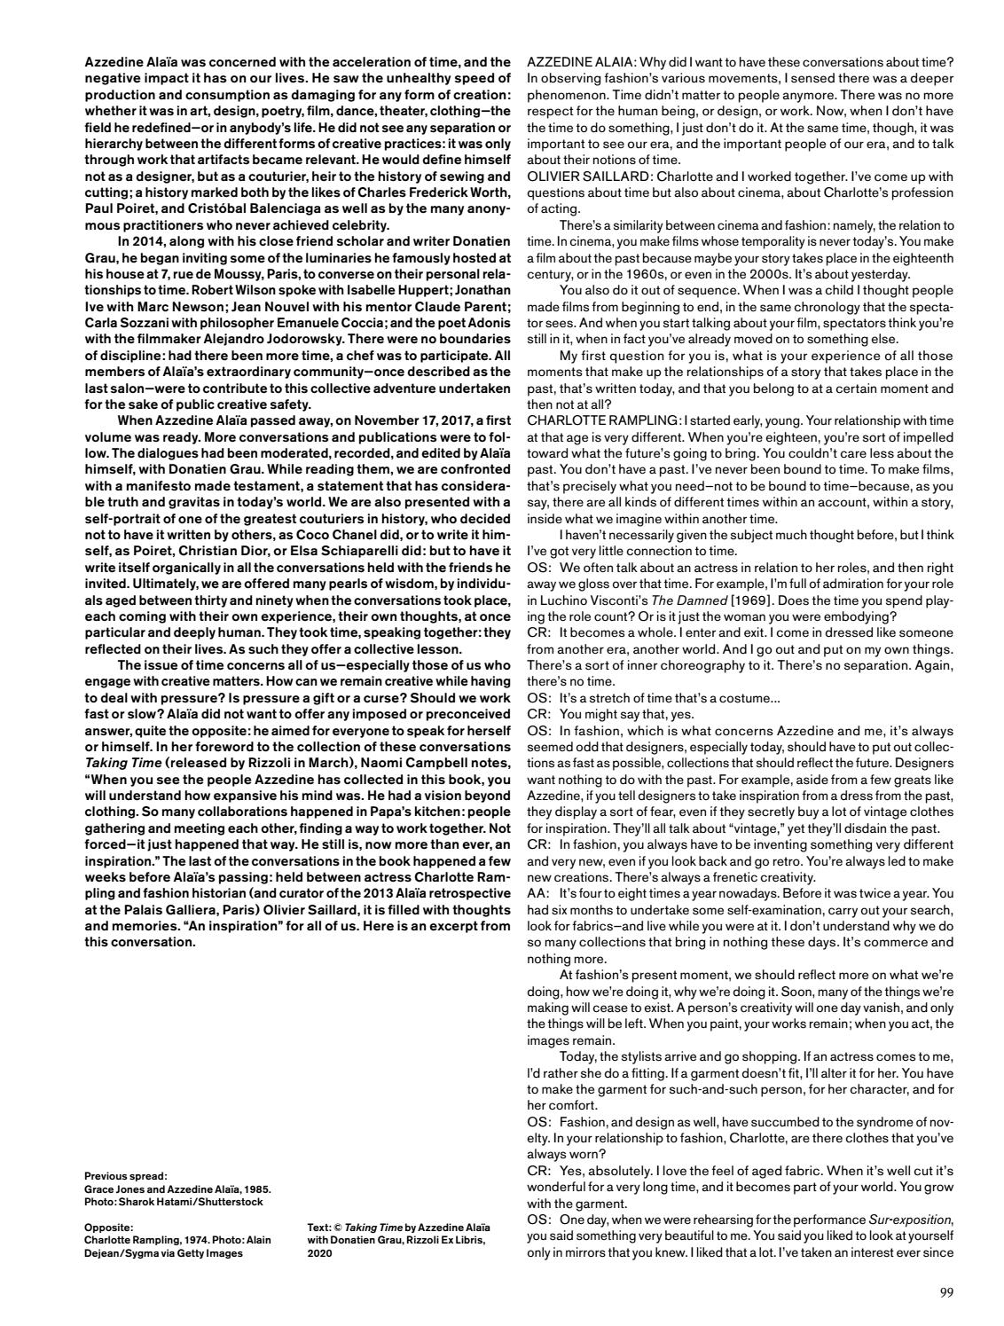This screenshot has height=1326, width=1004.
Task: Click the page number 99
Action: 945,1291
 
